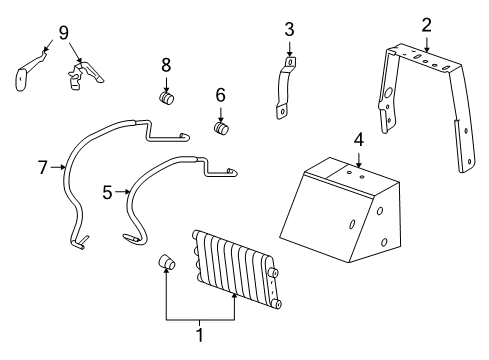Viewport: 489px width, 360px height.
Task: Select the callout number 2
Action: coord(426,23)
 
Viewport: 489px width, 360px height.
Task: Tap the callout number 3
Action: coord(289,29)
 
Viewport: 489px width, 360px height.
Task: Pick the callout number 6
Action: coord(221,96)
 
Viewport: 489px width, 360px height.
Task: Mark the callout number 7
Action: coord(43,168)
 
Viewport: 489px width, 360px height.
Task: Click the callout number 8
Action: coord(167,66)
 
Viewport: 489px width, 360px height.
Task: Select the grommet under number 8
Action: coord(168,98)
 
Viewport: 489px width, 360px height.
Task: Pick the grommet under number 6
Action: coord(222,129)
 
